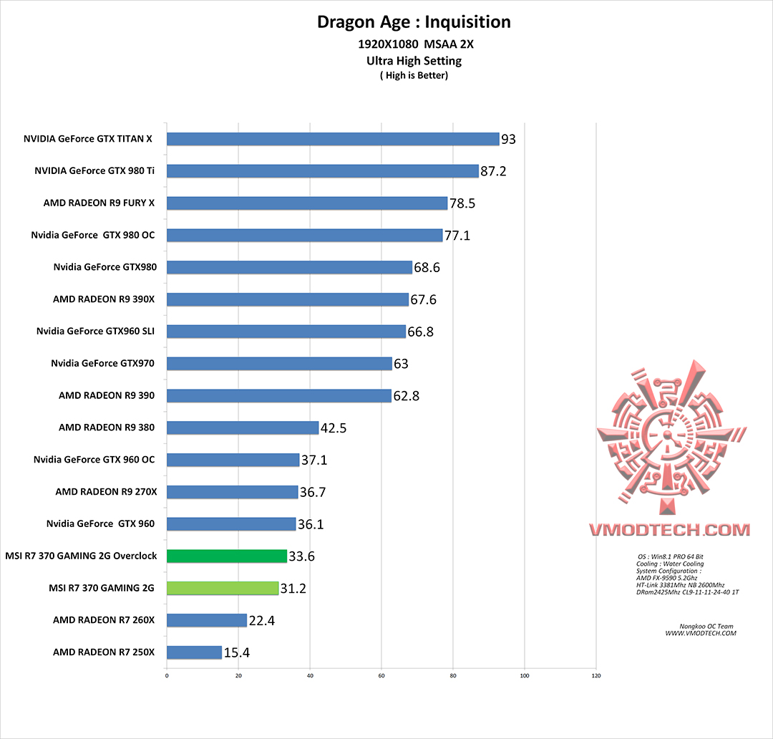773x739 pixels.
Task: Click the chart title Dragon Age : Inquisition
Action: click(414, 22)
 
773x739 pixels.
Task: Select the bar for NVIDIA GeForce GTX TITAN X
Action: click(333, 139)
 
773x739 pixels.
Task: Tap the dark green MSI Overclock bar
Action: click(227, 556)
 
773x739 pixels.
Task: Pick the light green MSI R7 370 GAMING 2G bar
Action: click(223, 588)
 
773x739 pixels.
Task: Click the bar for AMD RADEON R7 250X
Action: click(194, 652)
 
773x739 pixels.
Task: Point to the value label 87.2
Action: click(494, 172)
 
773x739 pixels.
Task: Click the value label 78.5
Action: click(462, 204)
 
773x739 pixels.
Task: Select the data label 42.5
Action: click(334, 428)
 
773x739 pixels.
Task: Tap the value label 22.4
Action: click(262, 621)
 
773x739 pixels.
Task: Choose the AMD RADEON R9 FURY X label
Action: click(99, 203)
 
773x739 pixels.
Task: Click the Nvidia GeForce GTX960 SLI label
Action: click(95, 331)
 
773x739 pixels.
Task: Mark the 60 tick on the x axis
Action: click(381, 675)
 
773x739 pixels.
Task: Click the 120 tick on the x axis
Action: click(596, 675)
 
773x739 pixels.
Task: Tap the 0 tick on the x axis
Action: click(167, 675)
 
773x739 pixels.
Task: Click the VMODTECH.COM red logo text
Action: click(669, 530)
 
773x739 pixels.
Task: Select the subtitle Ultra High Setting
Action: click(414, 61)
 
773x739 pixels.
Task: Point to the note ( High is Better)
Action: click(414, 75)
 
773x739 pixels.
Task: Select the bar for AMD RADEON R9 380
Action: click(243, 428)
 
